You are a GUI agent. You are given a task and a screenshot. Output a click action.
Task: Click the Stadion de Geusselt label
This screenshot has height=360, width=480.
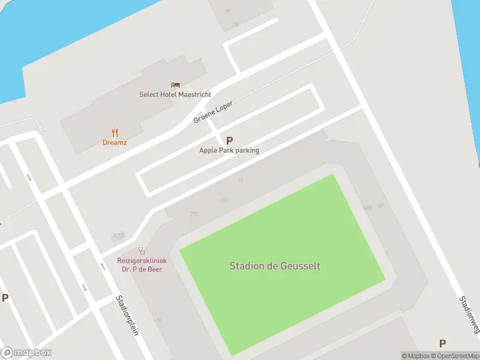point(275,265)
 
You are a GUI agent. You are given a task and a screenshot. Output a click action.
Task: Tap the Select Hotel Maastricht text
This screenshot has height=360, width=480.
point(175,95)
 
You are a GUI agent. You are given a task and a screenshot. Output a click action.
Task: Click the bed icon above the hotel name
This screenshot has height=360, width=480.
point(175,85)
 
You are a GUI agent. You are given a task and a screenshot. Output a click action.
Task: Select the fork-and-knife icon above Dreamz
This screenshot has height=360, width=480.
point(115,133)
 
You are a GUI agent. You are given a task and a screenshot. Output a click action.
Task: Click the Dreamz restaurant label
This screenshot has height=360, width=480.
point(115,143)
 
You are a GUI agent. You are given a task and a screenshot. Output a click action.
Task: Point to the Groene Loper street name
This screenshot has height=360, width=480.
point(213,112)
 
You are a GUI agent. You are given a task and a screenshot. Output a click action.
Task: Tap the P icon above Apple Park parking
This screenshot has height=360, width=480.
point(229,140)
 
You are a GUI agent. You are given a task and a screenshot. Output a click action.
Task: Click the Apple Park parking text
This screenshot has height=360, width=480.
point(229,151)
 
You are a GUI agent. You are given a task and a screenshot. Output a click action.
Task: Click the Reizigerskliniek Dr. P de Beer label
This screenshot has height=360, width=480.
point(142,265)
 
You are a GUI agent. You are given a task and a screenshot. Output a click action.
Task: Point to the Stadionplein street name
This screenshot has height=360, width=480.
point(127,316)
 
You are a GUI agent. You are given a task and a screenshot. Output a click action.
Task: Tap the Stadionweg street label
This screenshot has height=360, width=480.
point(470,314)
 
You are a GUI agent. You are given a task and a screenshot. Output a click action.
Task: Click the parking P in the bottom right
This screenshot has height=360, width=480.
point(442,343)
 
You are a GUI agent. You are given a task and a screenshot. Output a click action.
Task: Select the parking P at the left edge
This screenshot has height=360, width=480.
point(5,298)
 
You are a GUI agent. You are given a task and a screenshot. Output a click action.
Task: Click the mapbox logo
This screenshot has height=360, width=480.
point(26,353)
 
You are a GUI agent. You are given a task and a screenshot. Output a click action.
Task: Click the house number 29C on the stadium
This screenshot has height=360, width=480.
point(194,214)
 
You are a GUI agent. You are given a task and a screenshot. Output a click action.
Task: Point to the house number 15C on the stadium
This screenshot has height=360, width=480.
point(225,200)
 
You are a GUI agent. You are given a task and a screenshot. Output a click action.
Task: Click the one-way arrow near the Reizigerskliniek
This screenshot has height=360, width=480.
point(85,287)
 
